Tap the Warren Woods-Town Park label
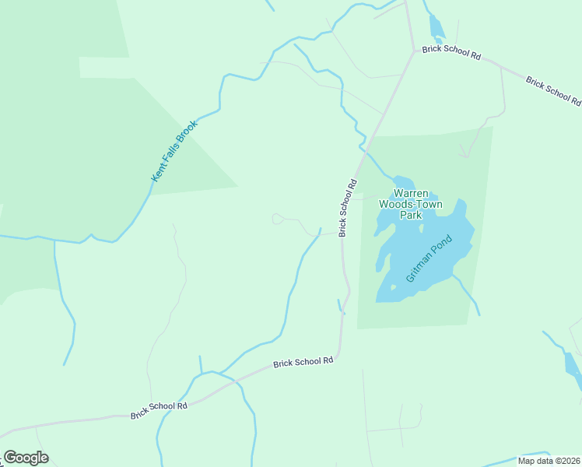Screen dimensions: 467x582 pyautogui.click(x=411, y=204)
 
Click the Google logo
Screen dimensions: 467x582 pyautogui.click(x=26, y=457)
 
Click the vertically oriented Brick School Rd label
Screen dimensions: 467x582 pyautogui.click(x=347, y=208)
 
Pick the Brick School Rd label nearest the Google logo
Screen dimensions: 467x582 pyautogui.click(x=160, y=409)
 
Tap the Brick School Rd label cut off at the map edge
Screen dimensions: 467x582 pyautogui.click(x=553, y=90)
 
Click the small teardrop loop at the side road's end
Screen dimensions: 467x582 pyautogui.click(x=277, y=219)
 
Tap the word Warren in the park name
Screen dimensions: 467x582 pyautogui.click(x=410, y=193)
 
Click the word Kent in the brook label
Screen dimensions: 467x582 pyautogui.click(x=156, y=176)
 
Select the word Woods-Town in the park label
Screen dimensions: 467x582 pyautogui.click(x=411, y=204)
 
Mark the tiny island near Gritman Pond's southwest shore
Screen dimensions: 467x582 pyautogui.click(x=393, y=287)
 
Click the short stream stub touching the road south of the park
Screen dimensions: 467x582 pyautogui.click(x=339, y=306)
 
